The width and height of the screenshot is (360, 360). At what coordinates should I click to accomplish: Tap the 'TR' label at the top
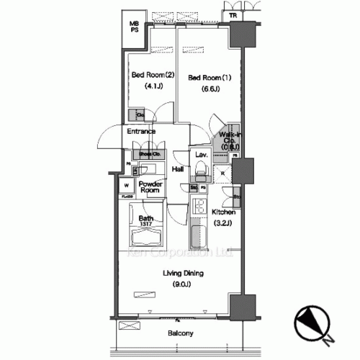pyautogui.click(x=233, y=15)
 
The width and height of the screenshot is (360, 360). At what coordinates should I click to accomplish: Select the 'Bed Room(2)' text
pyautogui.click(x=151, y=75)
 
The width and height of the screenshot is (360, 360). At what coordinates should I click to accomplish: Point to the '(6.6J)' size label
pyautogui.click(x=208, y=89)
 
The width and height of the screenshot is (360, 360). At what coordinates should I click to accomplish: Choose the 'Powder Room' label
pyautogui.click(x=150, y=188)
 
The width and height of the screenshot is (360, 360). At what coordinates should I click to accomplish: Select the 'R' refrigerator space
pyautogui.click(x=223, y=174)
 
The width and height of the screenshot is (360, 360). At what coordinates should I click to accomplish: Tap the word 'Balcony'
pyautogui.click(x=181, y=333)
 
